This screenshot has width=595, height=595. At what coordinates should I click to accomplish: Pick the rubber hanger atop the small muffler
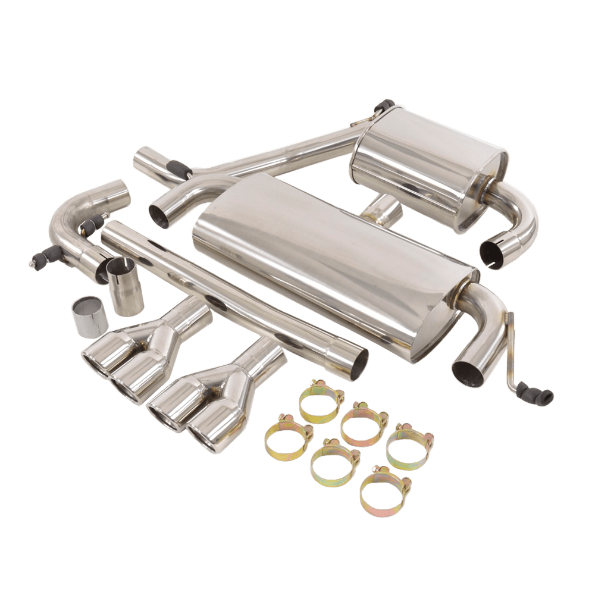(385, 107)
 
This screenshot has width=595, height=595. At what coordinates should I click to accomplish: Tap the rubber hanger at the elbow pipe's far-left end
(37, 259)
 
